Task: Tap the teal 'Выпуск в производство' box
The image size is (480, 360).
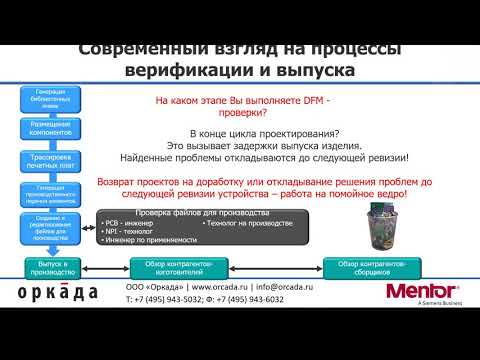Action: point(49,265)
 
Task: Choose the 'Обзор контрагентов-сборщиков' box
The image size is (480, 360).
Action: point(369,265)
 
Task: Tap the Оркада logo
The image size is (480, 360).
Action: point(58,292)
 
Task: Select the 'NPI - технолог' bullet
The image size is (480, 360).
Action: point(129,232)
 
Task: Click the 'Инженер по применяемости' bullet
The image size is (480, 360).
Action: point(146,243)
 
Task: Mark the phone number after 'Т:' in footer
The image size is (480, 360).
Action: point(174,299)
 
